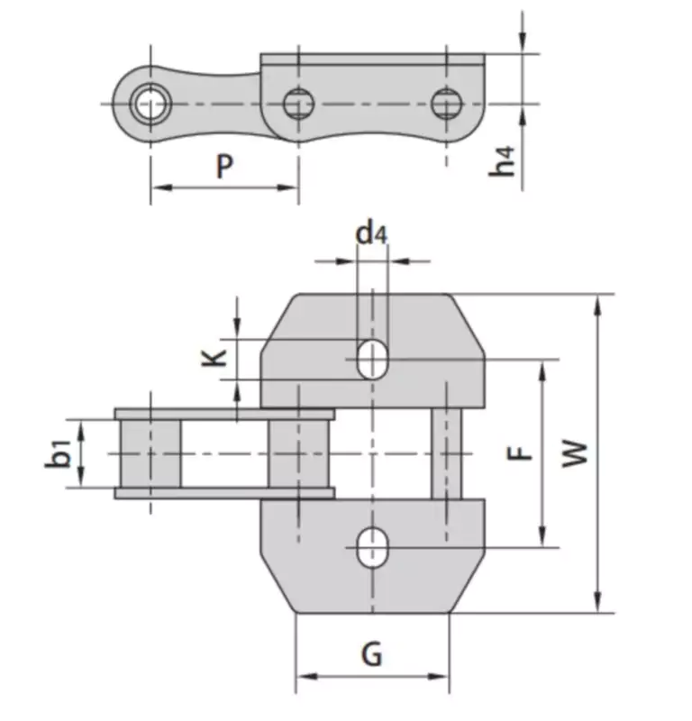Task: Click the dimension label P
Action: (224, 166)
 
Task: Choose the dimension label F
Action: (521, 453)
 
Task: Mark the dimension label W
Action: (575, 452)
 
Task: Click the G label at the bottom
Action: (371, 654)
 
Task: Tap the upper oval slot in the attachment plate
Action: (372, 359)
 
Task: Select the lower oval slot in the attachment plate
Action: (372, 548)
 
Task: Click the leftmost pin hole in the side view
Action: (148, 103)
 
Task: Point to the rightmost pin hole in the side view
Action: (444, 104)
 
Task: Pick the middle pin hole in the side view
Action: (296, 104)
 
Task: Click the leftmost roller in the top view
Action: (150, 453)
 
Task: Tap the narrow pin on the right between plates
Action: (446, 452)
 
